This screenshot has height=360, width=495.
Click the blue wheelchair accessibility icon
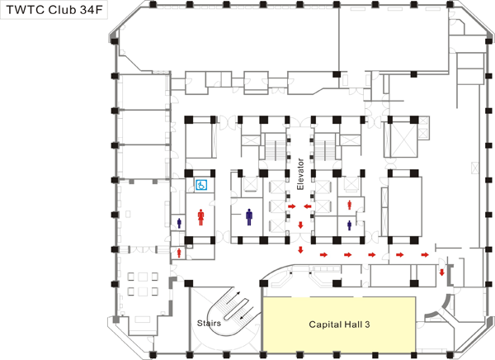pyautogui.click(x=200, y=187)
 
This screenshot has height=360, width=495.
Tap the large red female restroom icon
pyautogui.click(x=200, y=216)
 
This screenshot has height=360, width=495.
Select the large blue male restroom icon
pyautogui.click(x=250, y=216)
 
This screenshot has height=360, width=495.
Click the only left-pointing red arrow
pyautogui.click(x=306, y=206)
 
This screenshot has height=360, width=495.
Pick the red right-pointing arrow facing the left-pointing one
pyautogui.click(x=292, y=206)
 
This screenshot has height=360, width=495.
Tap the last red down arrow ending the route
pyautogui.click(x=442, y=272)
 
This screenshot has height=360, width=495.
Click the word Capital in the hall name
pyautogui.click(x=323, y=325)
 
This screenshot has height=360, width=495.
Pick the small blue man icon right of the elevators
pyautogui.click(x=349, y=224)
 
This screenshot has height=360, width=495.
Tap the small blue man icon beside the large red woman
pyautogui.click(x=180, y=223)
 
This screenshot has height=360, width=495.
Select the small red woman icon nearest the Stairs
pyautogui.click(x=178, y=252)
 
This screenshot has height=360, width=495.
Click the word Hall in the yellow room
pyautogui.click(x=355, y=325)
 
